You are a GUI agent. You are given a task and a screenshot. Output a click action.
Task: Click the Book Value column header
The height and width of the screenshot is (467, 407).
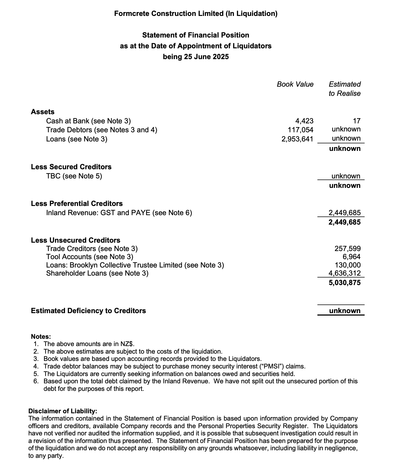click(x=295, y=84)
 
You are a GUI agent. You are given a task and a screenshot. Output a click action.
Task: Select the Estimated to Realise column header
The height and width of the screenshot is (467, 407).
click(x=344, y=89)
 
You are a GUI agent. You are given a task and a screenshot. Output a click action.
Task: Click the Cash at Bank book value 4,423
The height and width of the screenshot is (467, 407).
click(x=304, y=121)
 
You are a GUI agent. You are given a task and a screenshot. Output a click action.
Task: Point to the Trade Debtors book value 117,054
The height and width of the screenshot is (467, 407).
click(x=300, y=130)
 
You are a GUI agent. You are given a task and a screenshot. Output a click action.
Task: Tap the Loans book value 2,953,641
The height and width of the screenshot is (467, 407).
click(x=297, y=139)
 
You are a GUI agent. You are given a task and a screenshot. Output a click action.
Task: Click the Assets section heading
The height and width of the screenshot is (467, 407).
click(x=43, y=112)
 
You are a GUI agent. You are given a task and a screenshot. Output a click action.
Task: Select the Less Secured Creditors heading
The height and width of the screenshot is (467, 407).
click(x=71, y=167)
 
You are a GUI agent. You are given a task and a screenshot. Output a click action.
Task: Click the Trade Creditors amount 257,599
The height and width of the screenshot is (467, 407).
click(x=347, y=249)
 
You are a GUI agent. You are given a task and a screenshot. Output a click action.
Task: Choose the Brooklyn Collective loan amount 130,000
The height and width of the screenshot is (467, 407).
click(x=347, y=265)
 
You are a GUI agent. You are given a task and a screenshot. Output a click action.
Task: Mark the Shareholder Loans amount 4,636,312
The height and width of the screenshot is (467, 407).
click(x=344, y=273)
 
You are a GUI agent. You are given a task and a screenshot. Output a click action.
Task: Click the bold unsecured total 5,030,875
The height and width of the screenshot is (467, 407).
click(x=344, y=283)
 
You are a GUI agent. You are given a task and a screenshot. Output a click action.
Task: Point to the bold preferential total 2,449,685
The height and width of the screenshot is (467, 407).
click(x=344, y=222)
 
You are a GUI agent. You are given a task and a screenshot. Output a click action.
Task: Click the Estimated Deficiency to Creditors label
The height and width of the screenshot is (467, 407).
click(x=88, y=311)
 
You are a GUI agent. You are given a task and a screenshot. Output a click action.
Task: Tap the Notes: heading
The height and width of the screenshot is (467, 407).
click(x=41, y=337)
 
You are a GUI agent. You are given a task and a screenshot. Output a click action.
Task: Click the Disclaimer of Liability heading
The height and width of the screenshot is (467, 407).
click(x=63, y=411)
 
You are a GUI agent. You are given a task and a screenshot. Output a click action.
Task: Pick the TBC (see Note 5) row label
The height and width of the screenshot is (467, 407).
click(x=74, y=176)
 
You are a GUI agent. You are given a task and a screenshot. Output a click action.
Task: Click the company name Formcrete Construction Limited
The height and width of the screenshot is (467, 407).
click(x=169, y=13)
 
